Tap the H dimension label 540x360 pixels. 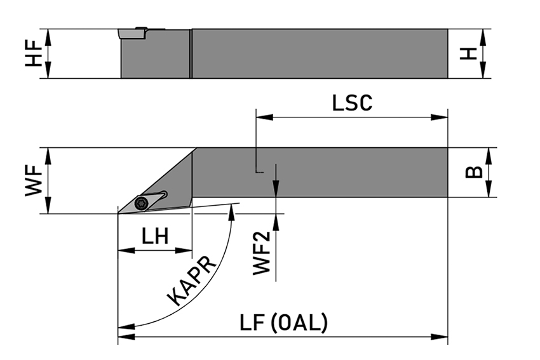tap(469, 53)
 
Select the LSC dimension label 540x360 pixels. tap(352, 103)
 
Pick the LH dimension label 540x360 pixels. tap(155, 237)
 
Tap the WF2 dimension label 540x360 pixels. tap(262, 253)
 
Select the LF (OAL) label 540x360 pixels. tap(284, 323)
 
